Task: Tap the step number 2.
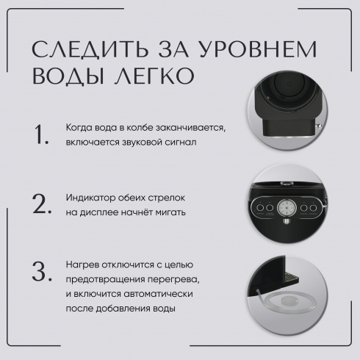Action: point(42,204)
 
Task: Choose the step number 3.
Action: point(42,271)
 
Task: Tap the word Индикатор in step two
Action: point(90,198)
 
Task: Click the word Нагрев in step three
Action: point(82,264)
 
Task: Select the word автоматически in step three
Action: point(158,294)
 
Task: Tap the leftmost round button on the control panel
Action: point(260,208)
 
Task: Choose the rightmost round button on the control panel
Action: point(313,208)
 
